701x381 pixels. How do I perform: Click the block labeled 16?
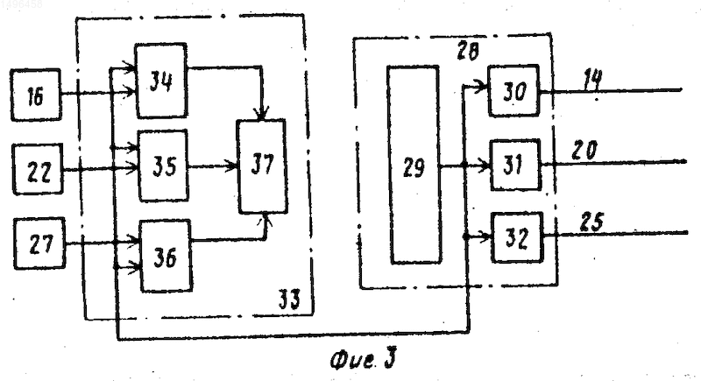tap(36, 95)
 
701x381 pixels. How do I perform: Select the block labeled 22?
tap(38, 169)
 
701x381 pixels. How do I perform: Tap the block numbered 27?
tap(39, 243)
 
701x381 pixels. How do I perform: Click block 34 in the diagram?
tap(161, 81)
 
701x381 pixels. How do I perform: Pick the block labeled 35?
tap(163, 166)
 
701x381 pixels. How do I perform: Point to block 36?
tap(166, 256)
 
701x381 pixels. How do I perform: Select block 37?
tap(262, 166)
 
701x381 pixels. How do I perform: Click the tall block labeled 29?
tap(414, 166)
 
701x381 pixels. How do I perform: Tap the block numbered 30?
tap(513, 91)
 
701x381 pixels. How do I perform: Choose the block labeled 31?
tap(515, 165)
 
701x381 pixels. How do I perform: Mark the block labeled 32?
tap(517, 237)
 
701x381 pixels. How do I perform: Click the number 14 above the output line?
tap(593, 81)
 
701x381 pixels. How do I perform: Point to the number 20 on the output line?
tap(584, 150)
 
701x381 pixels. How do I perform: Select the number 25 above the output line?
tap(592, 222)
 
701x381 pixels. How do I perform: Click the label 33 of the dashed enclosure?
tap(289, 299)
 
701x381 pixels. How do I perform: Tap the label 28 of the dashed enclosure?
tap(468, 51)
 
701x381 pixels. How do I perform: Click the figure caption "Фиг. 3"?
tap(363, 360)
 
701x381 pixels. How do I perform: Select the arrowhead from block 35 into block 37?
tap(231, 166)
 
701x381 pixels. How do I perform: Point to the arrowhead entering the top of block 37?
tap(262, 114)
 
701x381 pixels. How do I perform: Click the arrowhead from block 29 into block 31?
tap(485, 166)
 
